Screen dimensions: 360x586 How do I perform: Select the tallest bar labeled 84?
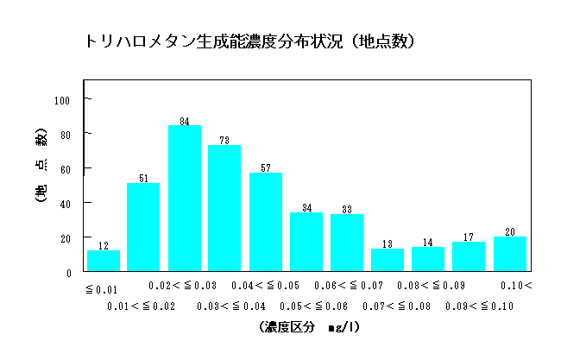tap(185, 199)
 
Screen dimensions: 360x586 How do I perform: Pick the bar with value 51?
tap(143, 227)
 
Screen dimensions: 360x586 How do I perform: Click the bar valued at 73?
tap(224, 208)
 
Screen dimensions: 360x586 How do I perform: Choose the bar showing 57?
tap(266, 222)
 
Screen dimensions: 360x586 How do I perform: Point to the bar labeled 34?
tap(306, 242)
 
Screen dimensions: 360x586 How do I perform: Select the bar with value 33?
tap(347, 243)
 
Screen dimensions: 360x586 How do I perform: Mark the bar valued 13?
tap(388, 260)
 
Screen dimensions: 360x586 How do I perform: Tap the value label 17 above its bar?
tap(469, 237)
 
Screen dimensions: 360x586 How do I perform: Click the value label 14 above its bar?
tap(428, 242)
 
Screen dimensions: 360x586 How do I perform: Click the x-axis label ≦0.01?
tap(101, 289)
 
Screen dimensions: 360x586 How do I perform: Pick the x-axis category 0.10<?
tap(517, 286)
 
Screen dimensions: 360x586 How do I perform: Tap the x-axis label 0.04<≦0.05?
tap(265, 286)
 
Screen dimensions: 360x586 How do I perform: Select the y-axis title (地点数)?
tap(41, 168)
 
